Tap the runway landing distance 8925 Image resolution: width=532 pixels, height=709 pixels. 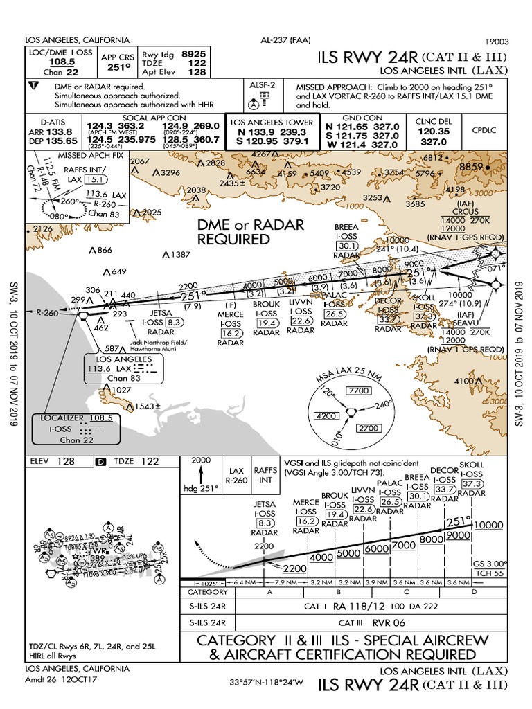(193, 53)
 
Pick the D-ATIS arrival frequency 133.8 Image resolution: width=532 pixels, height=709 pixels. (58, 132)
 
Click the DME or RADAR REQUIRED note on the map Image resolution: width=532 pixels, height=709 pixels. (251, 232)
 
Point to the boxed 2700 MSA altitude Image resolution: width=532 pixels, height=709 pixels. (369, 429)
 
